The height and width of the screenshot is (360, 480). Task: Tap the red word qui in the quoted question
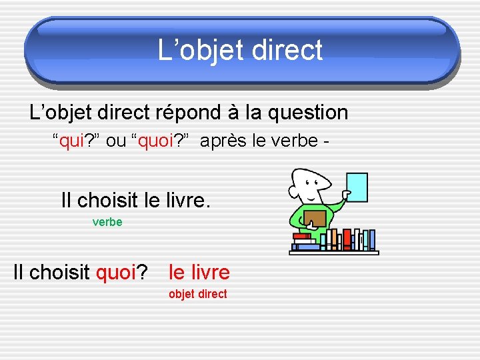click(71, 141)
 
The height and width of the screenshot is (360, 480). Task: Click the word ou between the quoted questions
click(116, 141)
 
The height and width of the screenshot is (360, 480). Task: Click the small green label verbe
click(107, 222)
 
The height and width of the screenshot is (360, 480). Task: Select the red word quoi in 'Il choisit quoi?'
click(116, 273)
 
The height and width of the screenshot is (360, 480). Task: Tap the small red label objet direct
click(197, 294)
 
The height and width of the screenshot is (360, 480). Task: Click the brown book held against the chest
click(315, 218)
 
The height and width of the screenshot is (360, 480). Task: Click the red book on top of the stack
click(302, 236)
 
